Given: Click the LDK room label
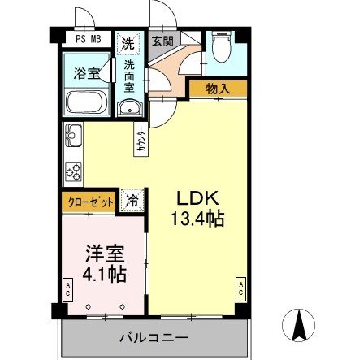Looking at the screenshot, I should (197, 199).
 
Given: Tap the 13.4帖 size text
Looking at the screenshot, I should (197, 219).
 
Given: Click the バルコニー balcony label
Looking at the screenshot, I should (154, 337).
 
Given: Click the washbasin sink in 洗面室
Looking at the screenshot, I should (130, 107).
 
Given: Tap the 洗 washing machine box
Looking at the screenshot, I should (128, 44).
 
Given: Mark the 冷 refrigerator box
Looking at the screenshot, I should (131, 200).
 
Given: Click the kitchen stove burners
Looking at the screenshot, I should (73, 170).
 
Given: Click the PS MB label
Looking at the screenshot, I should (88, 38).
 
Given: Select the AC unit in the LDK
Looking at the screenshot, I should (240, 288).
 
